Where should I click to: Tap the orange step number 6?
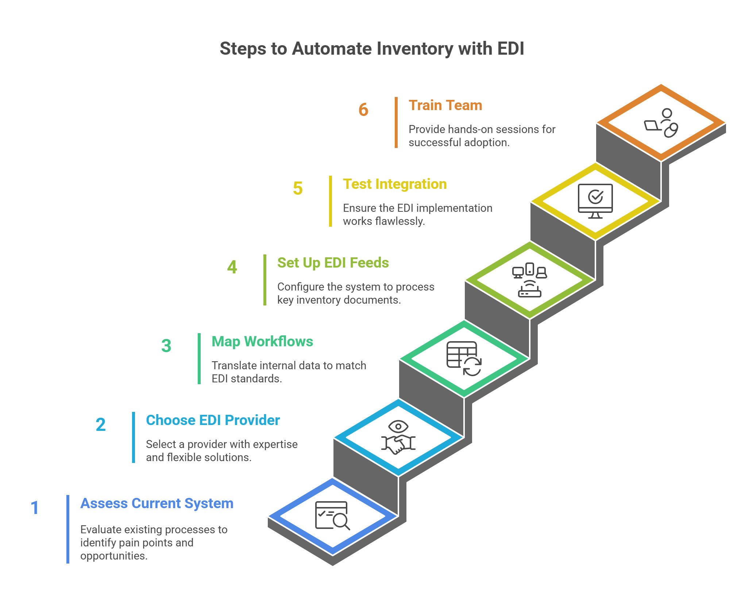363,110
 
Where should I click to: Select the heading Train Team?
445,105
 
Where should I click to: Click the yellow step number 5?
298,188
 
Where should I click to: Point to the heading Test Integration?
395,184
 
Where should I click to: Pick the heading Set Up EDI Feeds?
333,263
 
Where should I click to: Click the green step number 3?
166,346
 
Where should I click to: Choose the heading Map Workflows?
262,342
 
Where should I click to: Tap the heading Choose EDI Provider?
213,420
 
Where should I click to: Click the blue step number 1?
35,508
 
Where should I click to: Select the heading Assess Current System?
157,503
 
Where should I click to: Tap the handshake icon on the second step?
398,437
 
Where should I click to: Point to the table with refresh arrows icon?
464,359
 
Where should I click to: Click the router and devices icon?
529,280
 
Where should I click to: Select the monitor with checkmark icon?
595,201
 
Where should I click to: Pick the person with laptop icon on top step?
661,123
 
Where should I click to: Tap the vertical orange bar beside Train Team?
396,122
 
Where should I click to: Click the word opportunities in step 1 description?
113,556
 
